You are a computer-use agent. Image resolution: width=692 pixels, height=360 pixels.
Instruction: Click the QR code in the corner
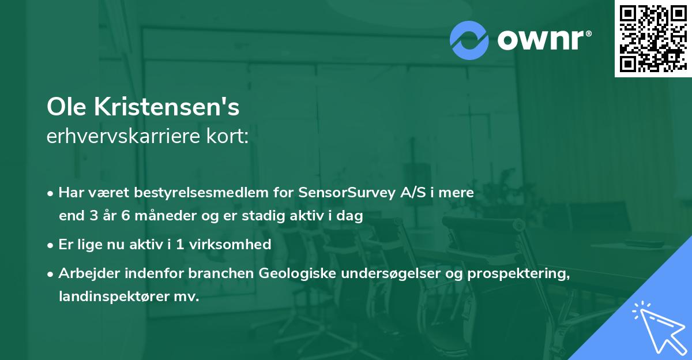point(653,39)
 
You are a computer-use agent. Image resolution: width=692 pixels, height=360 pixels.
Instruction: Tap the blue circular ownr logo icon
point(469,40)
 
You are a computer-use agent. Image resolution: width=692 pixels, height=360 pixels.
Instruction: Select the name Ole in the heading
point(65,108)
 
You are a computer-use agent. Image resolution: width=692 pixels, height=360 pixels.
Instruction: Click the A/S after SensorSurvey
point(415,193)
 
